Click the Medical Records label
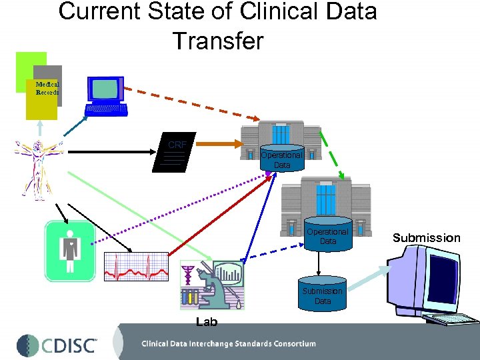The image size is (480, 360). (x=47, y=88)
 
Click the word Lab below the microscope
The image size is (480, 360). (x=207, y=323)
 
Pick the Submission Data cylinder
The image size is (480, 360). (x=323, y=295)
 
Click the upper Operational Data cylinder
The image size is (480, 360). (x=282, y=159)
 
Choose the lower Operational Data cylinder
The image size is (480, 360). (x=327, y=236)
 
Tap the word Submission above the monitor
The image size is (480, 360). (x=426, y=238)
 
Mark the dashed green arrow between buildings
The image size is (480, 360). (x=333, y=154)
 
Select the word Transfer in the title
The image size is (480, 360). (x=218, y=41)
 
